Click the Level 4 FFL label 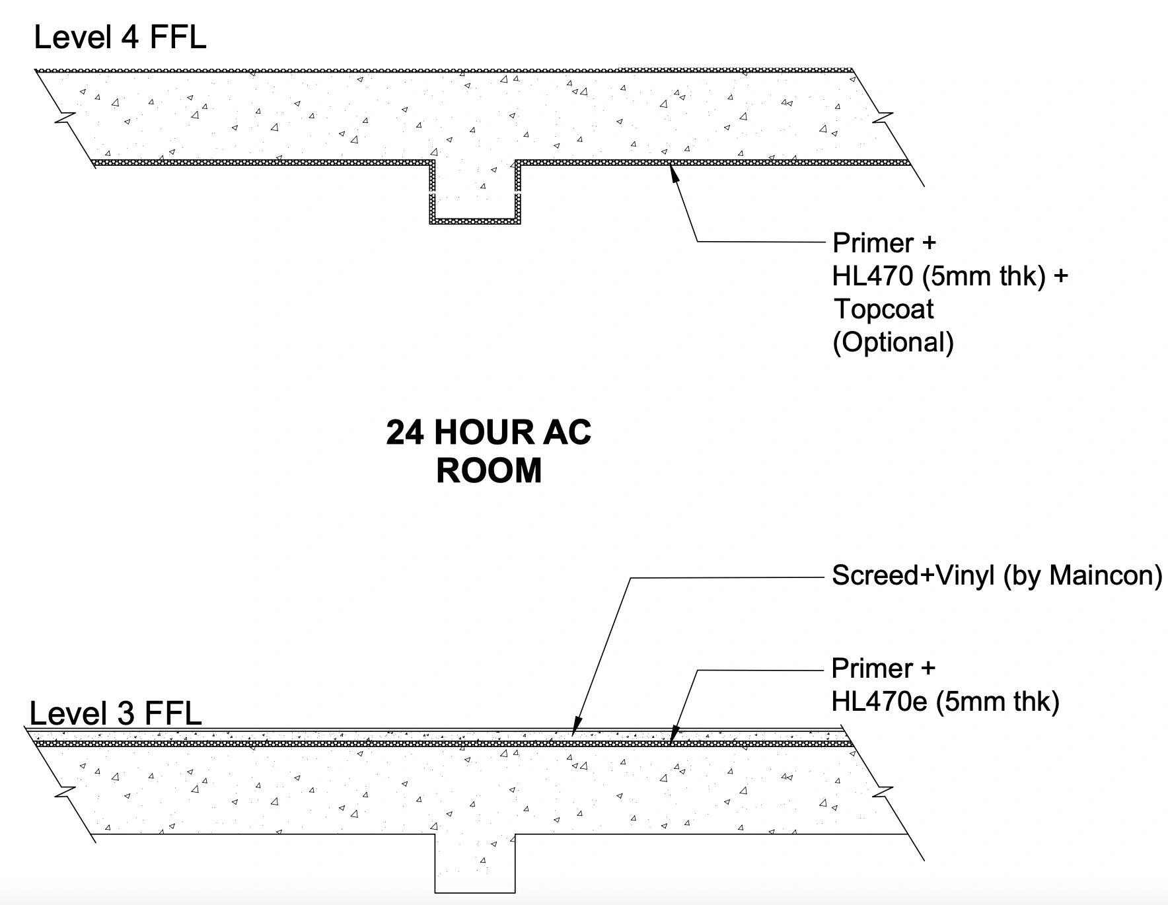[x=120, y=37]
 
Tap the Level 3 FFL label [x=116, y=713]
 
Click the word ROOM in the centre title [x=489, y=471]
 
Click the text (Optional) [x=893, y=342]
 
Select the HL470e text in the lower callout [x=880, y=701]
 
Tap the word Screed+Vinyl [x=913, y=575]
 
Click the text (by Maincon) [x=1083, y=575]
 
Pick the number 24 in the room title [x=406, y=433]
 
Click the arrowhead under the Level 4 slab [x=674, y=173]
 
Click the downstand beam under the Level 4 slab [x=474, y=192]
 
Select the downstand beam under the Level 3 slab [x=474, y=864]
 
